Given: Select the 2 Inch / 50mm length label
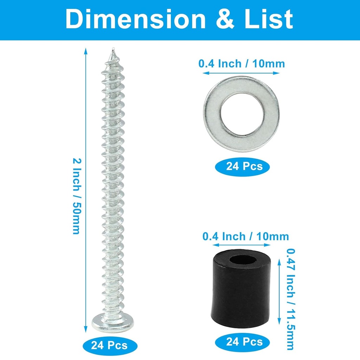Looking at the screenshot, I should coord(76,196).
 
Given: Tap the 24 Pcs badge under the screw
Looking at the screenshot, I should coord(109,345).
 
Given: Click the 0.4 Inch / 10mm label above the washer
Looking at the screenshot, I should coord(242,64).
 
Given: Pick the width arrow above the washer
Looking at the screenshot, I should coord(242,73).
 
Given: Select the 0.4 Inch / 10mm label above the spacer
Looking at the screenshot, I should coord(245,236).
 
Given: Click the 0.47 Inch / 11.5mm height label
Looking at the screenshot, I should coord(290,299).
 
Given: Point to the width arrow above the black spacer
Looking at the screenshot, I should coord(245,245).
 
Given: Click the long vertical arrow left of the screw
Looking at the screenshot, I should coord(85,190).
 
